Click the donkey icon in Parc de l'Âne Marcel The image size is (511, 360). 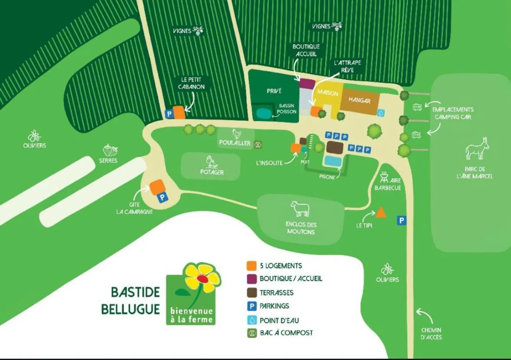point(477,148)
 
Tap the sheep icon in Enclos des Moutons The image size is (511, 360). point(300,209)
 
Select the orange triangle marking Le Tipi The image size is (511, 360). point(381,213)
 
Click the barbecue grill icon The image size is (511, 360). point(384,177)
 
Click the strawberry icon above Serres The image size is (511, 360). point(110,150)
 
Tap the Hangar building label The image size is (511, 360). point(359,101)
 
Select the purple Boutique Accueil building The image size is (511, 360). point(307,83)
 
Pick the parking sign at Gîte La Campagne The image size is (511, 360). point(162,198)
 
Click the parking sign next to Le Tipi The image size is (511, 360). point(402,221)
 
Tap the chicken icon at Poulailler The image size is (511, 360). point(236,134)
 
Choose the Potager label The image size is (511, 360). point(212,172)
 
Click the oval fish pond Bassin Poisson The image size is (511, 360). point(263,113)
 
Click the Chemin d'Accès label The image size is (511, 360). point(431,334)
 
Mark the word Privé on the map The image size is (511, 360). point(274,91)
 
